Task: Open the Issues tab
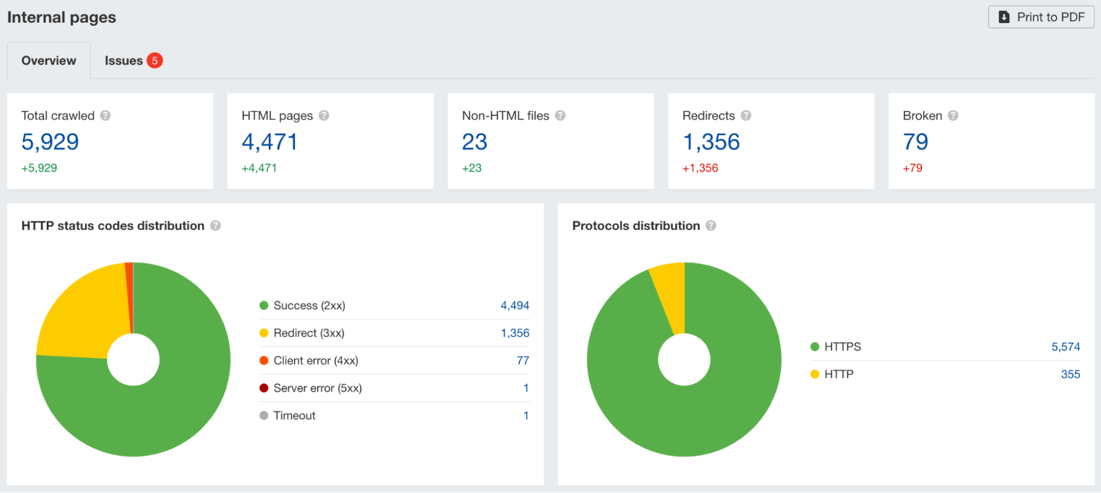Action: tap(124, 61)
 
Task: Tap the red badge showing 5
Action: tap(155, 61)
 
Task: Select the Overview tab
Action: tap(49, 61)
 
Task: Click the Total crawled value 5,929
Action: tap(50, 142)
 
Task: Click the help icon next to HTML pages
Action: tap(324, 116)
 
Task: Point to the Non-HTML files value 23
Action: tap(474, 142)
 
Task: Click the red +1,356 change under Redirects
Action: tap(700, 168)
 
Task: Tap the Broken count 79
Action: tap(915, 142)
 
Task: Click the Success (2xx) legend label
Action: tap(309, 305)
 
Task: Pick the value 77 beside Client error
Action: tap(523, 360)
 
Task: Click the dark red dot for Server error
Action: tap(264, 388)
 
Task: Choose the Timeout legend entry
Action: tap(294, 415)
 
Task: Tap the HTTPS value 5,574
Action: tap(1065, 347)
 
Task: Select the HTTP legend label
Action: tap(838, 374)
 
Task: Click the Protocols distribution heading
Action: tap(636, 226)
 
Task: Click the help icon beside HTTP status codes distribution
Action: tap(215, 226)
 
